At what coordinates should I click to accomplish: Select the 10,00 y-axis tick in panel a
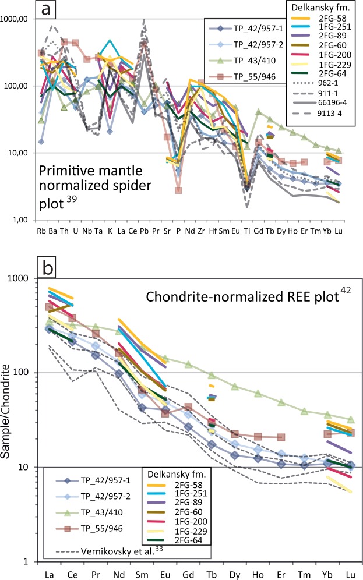coord(19,153)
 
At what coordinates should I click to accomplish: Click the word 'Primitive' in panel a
coord(60,173)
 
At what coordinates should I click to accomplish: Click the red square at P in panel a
coord(178,190)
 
